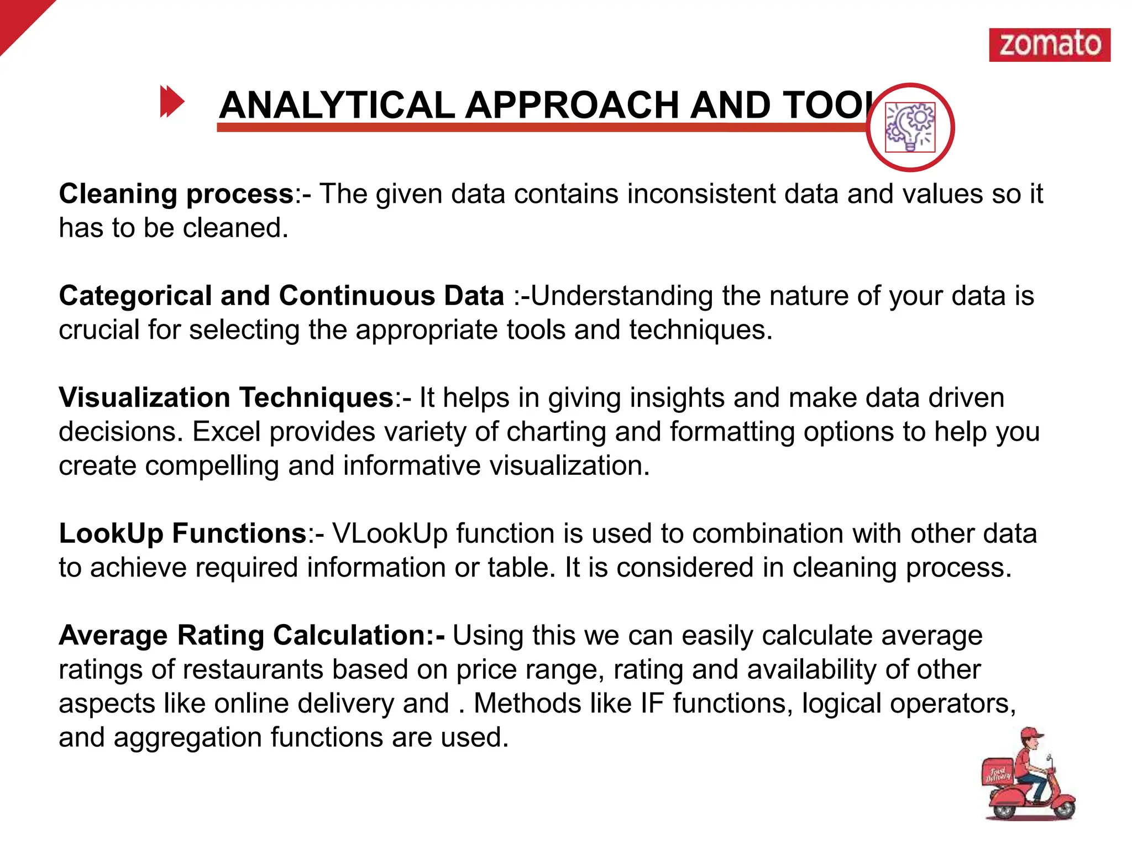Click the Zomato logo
pos(1049,45)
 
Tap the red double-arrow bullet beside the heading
pos(171,102)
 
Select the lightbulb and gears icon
pos(910,127)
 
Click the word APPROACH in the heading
pos(572,105)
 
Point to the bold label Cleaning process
pos(176,194)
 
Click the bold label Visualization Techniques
pos(226,398)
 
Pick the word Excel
pos(226,432)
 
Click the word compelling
pos(212,466)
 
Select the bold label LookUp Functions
pos(183,534)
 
